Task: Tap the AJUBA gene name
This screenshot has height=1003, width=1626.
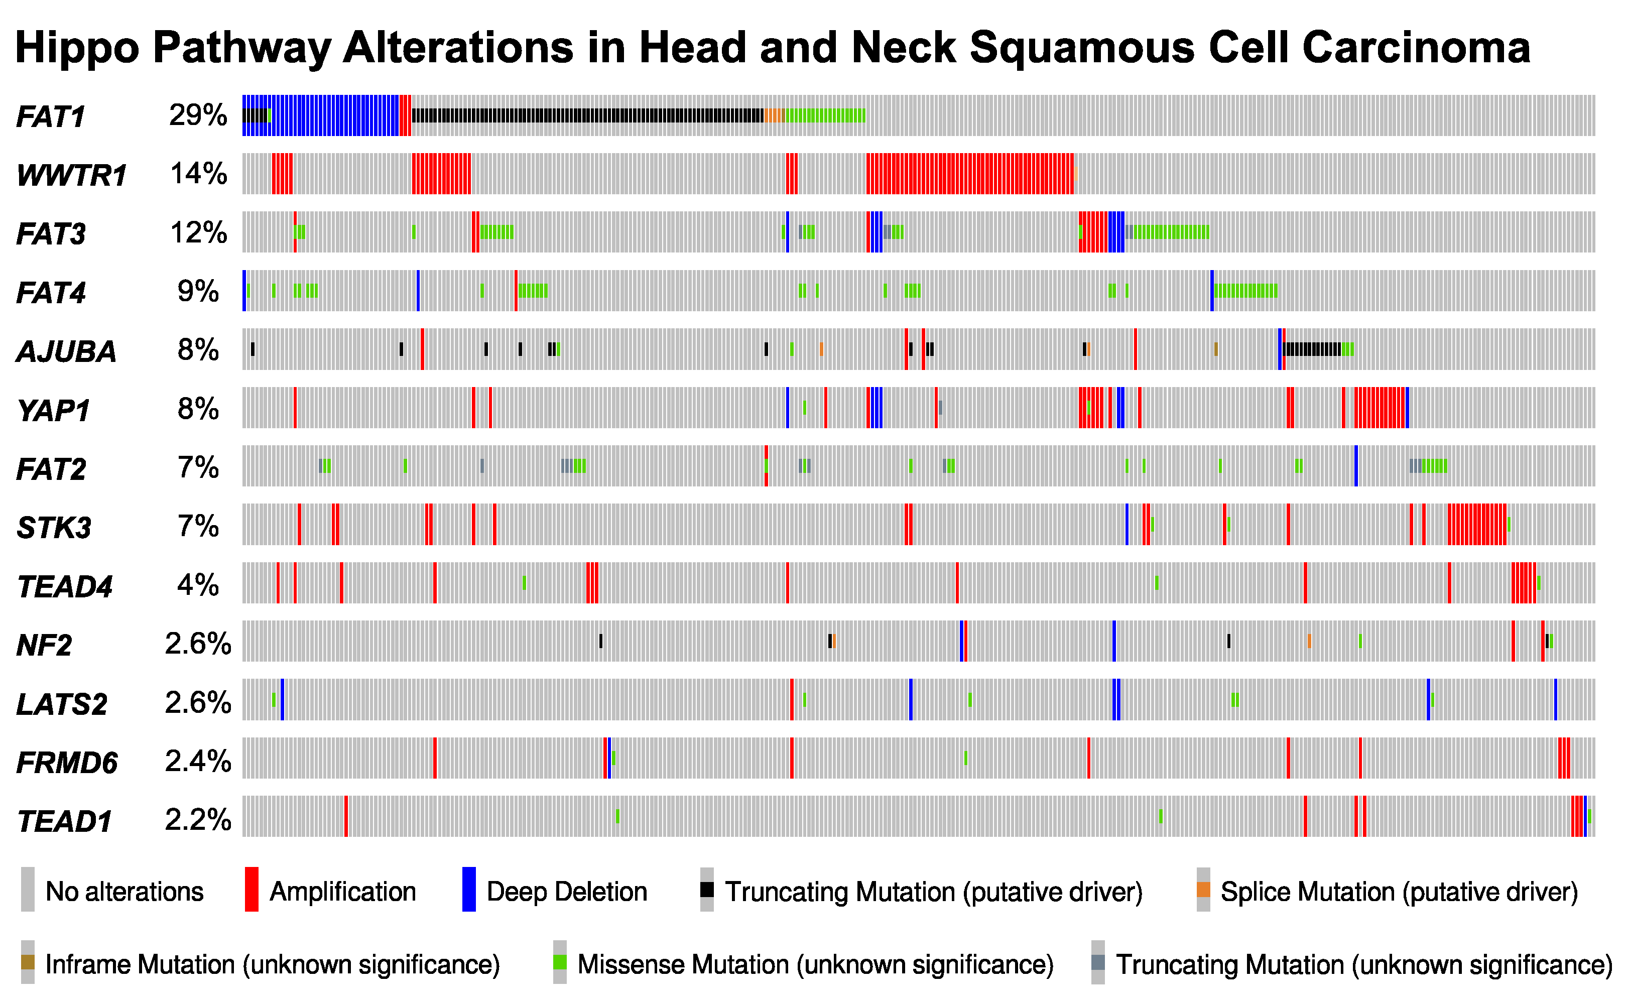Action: coord(66,351)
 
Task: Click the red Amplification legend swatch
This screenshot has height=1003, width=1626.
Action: coord(252,889)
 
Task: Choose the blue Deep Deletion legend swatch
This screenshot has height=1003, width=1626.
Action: coord(468,889)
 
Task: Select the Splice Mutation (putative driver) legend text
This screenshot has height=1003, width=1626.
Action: coord(1399,892)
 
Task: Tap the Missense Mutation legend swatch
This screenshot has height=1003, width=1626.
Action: coord(559,962)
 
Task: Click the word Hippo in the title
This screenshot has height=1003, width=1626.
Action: coord(77,48)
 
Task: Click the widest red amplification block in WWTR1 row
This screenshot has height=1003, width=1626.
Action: coord(969,174)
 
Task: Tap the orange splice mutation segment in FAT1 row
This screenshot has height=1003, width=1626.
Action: coord(774,115)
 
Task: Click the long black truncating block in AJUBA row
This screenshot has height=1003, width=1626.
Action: coord(1312,349)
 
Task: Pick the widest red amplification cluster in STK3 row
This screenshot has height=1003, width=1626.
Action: coord(1476,524)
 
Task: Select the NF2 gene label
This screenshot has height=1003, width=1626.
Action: coord(44,645)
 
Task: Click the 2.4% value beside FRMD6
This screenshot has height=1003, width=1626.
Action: coord(198,762)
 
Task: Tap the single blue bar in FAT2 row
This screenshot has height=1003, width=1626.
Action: coord(1355,466)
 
